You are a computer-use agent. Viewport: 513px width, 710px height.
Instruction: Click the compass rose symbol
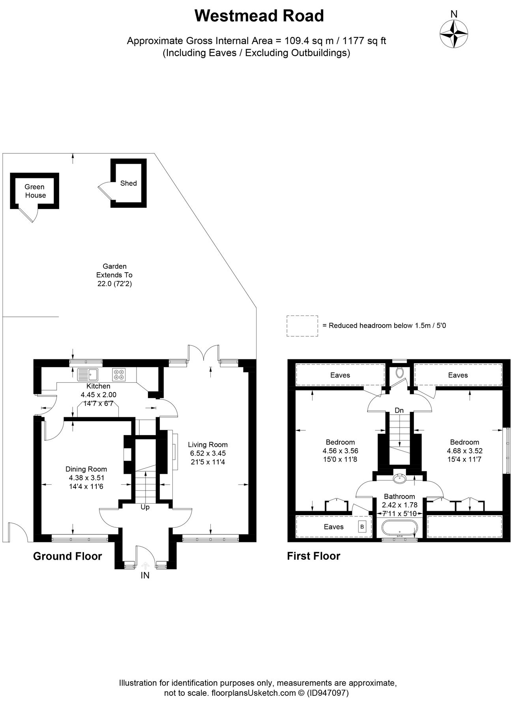(454, 34)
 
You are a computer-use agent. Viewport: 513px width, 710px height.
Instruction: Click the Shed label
(128, 183)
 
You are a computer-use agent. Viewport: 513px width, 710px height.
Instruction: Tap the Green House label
(35, 191)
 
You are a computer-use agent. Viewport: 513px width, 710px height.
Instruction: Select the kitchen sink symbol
(88, 373)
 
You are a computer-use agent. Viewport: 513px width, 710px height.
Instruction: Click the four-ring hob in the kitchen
(119, 373)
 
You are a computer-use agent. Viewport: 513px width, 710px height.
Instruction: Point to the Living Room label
(208, 445)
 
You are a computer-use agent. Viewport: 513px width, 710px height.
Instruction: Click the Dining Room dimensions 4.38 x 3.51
(86, 478)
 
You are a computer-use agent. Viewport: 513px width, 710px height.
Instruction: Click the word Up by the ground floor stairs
(145, 507)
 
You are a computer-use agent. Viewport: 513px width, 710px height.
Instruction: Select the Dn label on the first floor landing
(399, 410)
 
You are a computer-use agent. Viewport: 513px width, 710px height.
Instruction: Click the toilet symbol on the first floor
(399, 372)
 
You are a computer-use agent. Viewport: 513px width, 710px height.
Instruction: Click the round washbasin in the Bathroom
(399, 478)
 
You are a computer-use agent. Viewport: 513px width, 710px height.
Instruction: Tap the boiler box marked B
(362, 527)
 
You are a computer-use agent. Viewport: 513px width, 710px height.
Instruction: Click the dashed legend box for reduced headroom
(302, 326)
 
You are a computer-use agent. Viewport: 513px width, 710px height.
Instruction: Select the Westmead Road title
(259, 16)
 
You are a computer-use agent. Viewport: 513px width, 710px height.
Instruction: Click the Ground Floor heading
(67, 556)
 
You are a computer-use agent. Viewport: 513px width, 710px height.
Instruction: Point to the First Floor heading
(313, 556)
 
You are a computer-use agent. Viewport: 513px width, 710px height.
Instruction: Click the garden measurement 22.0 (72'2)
(114, 284)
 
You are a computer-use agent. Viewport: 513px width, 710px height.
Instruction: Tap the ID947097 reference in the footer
(328, 693)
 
